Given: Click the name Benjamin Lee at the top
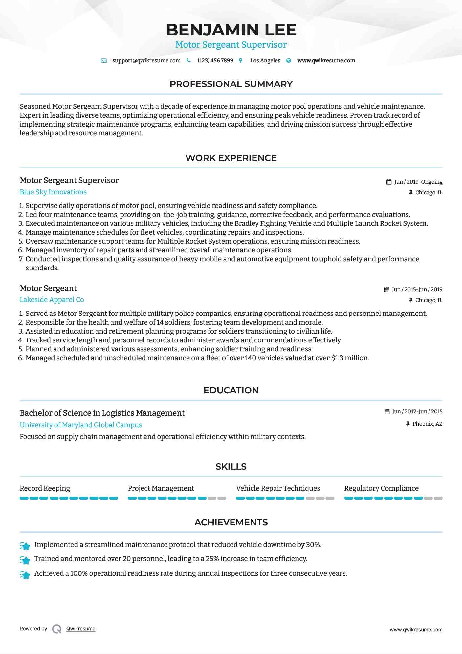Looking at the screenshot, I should click(x=231, y=30).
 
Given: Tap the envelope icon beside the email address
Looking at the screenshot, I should click(x=104, y=61).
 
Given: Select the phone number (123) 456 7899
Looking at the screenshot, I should click(x=215, y=61).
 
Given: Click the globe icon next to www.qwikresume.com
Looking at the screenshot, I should click(x=289, y=61).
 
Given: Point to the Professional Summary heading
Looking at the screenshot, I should click(x=231, y=84).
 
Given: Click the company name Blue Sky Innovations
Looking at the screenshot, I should click(x=53, y=192).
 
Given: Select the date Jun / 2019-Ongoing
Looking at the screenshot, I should click(x=418, y=182).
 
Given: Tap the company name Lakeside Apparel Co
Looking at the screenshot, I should click(x=52, y=300).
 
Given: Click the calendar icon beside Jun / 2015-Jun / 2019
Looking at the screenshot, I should click(x=387, y=290).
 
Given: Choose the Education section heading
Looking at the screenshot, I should click(x=231, y=390).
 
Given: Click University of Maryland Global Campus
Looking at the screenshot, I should click(x=81, y=425).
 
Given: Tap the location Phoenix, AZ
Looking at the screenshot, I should click(x=427, y=424).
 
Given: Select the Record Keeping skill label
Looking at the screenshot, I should click(x=45, y=488).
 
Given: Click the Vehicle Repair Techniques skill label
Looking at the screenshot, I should click(x=278, y=488).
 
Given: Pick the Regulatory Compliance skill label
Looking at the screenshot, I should click(x=381, y=488).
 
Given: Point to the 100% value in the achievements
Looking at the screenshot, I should click(x=79, y=573).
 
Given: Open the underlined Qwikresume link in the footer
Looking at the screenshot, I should click(x=81, y=629).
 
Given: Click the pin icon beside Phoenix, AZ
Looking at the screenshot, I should click(x=408, y=424).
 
